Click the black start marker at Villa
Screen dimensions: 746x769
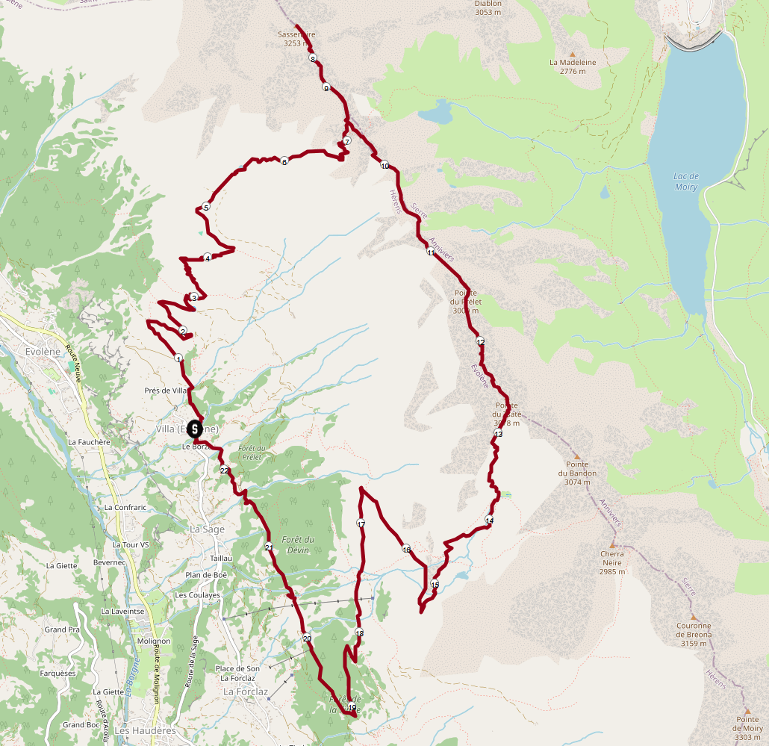[194, 429]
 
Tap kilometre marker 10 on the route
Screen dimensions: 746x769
[384, 165]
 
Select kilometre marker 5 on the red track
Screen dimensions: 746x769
[206, 207]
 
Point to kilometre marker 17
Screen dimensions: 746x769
[361, 523]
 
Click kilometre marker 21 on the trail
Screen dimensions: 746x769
[269, 548]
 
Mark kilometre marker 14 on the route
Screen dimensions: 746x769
[489, 520]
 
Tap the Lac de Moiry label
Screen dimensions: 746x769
[685, 181]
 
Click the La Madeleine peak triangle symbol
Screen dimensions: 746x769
[573, 54]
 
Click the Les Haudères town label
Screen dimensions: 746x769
[146, 730]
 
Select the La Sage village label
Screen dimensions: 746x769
[206, 529]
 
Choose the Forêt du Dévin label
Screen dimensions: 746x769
[297, 544]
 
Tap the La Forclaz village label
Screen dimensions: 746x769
[246, 692]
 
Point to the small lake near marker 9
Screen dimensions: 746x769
[436, 114]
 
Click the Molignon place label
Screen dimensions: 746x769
[154, 641]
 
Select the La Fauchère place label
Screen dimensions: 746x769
[89, 442]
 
